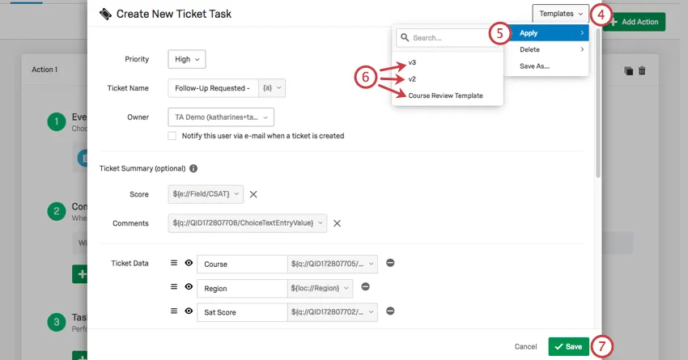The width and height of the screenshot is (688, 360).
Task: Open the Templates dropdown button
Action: [560, 14]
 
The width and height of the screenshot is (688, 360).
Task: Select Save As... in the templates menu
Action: [534, 66]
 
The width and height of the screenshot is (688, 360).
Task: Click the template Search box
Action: [437, 37]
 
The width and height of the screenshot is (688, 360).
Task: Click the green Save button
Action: [568, 346]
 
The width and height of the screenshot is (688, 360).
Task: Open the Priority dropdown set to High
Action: [187, 58]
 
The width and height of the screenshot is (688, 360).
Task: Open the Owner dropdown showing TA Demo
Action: [220, 116]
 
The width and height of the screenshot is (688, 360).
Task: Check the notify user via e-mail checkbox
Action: [172, 136]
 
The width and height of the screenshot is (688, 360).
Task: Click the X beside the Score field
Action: [253, 194]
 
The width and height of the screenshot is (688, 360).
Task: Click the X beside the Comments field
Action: [338, 223]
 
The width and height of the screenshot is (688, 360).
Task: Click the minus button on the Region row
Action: [365, 286]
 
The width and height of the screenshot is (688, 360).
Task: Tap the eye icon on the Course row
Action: [189, 263]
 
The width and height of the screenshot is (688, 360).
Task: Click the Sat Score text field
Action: [240, 311]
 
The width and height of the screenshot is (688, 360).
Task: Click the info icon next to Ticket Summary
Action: [193, 169]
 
